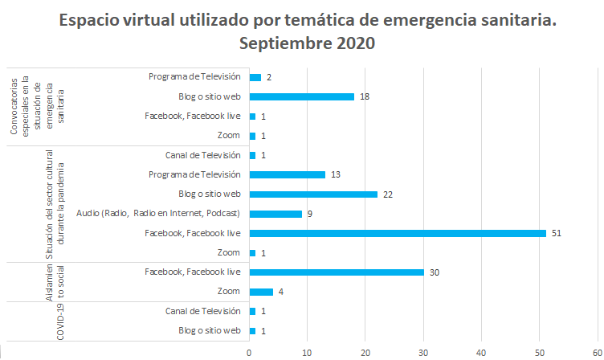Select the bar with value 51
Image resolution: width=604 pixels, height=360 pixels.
tap(398, 233)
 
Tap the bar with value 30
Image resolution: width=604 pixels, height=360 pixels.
tap(337, 272)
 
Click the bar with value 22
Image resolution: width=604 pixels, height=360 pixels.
tap(313, 194)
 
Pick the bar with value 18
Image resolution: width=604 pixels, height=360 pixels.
tap(302, 96)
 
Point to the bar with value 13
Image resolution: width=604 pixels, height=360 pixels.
tap(288, 174)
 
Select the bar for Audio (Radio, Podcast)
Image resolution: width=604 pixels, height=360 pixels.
tap(275, 214)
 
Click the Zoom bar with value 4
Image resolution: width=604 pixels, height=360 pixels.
tap(261, 291)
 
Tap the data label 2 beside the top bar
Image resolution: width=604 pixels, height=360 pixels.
tap(269, 77)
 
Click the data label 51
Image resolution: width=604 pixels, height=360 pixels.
tap(555, 233)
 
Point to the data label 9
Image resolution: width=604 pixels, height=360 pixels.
tap(309, 214)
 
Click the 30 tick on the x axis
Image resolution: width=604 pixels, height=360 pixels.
tap(423, 351)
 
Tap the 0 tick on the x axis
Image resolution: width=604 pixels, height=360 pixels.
tap(250, 351)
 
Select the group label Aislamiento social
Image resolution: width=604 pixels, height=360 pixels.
tap(55, 281)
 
